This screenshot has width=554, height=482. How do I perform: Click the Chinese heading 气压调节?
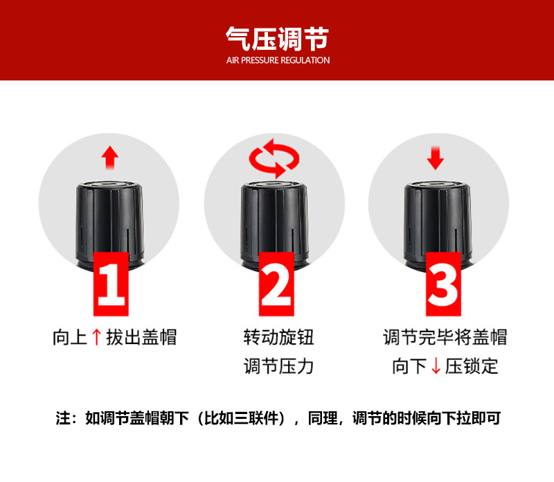point(278,39)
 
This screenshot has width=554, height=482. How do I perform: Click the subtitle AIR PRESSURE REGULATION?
point(278,60)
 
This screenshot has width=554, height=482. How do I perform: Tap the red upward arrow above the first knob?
point(110,157)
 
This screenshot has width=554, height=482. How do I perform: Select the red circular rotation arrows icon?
point(274,158)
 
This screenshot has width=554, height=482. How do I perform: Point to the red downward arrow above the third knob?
point(436,158)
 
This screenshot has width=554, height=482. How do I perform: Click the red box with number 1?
point(111,284)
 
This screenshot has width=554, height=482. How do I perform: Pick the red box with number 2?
point(276,284)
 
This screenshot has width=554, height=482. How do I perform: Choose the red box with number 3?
point(443,284)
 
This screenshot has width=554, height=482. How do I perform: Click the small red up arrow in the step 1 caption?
point(96,337)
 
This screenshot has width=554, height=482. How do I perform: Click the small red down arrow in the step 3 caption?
point(436,366)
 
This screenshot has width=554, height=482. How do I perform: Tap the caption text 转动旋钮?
point(278,337)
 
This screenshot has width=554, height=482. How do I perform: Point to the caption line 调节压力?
point(278,366)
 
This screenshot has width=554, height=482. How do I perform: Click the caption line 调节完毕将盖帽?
point(445,337)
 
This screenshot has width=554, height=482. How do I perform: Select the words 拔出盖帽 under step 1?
point(141,337)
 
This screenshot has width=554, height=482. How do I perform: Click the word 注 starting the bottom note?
point(63,418)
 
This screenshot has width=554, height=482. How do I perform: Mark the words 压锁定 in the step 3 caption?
point(472,366)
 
